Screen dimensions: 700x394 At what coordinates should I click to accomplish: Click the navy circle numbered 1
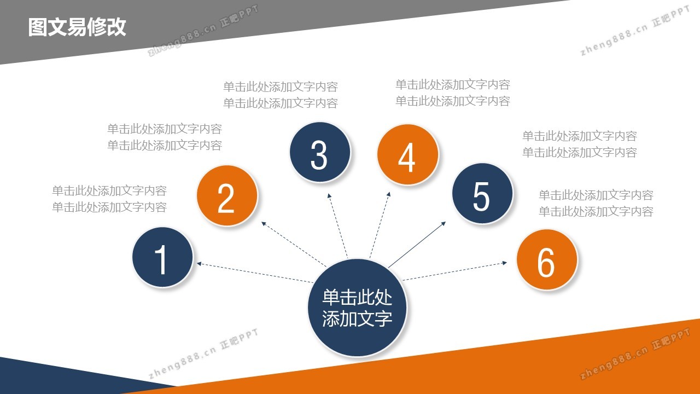pos(162,257)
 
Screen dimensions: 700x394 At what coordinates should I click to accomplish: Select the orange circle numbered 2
pos(227,195)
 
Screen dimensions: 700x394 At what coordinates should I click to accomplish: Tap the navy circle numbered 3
pos(320,152)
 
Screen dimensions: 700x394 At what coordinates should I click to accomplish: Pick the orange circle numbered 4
pos(408,154)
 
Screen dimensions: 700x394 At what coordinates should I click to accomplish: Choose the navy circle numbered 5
pos(482,193)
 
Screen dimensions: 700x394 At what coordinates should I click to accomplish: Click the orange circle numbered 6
pos(547,259)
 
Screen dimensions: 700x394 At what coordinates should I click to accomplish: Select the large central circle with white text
pos(357,308)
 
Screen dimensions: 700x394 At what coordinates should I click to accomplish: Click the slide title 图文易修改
pos(77,27)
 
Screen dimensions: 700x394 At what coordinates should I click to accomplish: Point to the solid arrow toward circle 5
pos(417,245)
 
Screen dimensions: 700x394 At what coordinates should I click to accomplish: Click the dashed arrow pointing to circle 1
pos(255,273)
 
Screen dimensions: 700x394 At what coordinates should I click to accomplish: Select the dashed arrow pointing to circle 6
pos(454,271)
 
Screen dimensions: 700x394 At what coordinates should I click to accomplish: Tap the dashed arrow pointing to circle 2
pos(294,244)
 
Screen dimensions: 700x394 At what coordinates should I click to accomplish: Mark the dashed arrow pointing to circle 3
pos(337,226)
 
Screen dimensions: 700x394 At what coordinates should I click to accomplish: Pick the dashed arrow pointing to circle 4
pos(380,225)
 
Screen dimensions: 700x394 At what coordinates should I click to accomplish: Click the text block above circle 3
pos(281,95)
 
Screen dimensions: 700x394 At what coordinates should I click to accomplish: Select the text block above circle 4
pos(453,92)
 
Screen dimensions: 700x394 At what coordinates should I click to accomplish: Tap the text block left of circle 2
pos(109,199)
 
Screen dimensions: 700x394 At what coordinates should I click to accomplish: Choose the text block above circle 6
pos(596,203)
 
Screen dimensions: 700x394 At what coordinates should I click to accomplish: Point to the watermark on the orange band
pos(634,354)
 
